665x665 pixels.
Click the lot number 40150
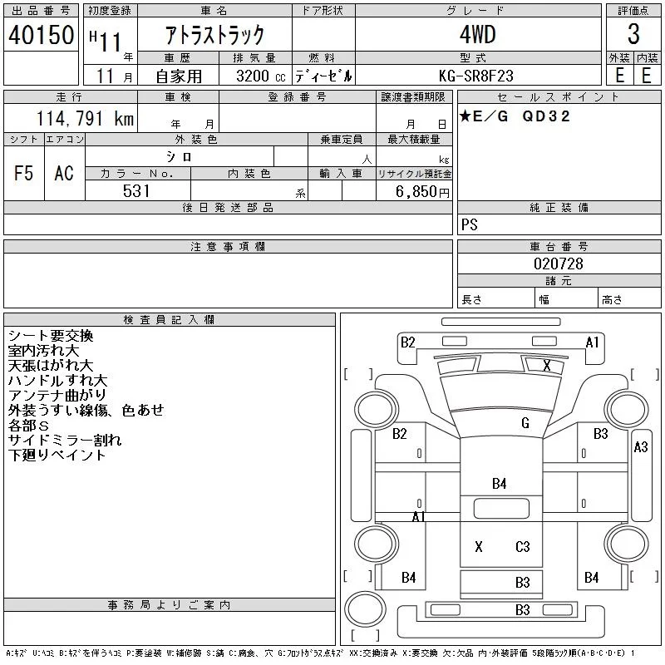[x=41, y=35]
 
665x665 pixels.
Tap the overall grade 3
[x=633, y=34]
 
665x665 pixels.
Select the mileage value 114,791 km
[x=85, y=118]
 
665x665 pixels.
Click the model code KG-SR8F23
[x=475, y=76]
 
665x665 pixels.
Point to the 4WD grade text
[x=477, y=34]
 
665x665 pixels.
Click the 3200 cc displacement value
[x=261, y=76]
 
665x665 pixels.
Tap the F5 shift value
[x=24, y=173]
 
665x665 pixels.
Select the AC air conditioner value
[x=64, y=173]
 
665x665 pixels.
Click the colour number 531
[x=136, y=191]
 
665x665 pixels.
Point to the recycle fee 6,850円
[x=422, y=192]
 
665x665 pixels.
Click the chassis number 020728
[x=558, y=264]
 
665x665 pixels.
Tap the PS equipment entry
[x=470, y=224]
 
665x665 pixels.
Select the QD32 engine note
[x=546, y=116]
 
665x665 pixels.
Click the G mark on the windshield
[x=525, y=423]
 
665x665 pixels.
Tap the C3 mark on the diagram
[x=523, y=546]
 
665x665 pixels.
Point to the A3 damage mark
[x=641, y=446]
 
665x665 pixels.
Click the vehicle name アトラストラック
[x=214, y=35]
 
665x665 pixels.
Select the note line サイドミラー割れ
[x=65, y=441]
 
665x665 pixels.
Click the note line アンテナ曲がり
[x=57, y=396]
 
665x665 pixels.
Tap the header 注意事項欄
[x=228, y=246]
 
